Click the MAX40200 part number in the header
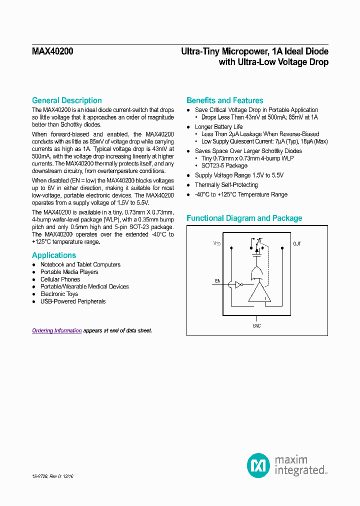pyautogui.click(x=52, y=51)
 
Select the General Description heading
pyautogui.click(x=67, y=100)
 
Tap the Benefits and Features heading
pyautogui.click(x=224, y=100)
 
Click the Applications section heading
pyautogui.click(x=54, y=255)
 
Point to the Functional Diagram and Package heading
pyautogui.click(x=244, y=218)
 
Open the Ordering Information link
pyautogui.click(x=57, y=331)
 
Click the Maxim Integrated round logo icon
pyautogui.click(x=258, y=465)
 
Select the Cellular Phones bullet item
pyautogui.click(x=60, y=279)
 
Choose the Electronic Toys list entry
pyautogui.click(x=59, y=294)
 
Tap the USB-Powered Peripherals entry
pyautogui.click(x=73, y=301)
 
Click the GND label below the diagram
pyautogui.click(x=256, y=325)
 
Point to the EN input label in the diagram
pyautogui.click(x=217, y=281)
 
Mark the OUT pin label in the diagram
pyautogui.click(x=297, y=243)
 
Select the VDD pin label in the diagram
pyautogui.click(x=216, y=243)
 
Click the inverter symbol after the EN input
pyautogui.click(x=239, y=285)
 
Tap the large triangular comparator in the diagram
pyautogui.click(x=259, y=293)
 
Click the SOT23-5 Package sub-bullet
pyautogui.click(x=224, y=165)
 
